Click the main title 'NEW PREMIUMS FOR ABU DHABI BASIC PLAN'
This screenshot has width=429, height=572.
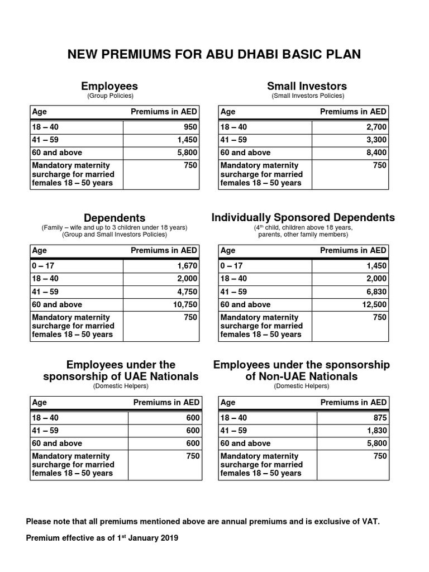point(214,54)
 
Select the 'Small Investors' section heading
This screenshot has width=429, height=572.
point(307,86)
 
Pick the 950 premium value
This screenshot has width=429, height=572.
point(190,127)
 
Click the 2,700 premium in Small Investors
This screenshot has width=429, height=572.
point(376,127)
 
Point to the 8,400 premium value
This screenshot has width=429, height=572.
point(376,152)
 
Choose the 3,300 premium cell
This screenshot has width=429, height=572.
point(376,140)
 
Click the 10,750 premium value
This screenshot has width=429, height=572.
point(184,304)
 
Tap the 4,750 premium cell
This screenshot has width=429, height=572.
point(187,292)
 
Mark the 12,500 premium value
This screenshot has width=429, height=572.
point(374,304)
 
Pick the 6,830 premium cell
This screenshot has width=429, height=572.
point(376,292)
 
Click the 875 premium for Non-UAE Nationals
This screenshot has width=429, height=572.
point(379,418)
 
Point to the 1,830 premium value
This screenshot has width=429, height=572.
point(376,431)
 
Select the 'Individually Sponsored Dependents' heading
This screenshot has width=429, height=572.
point(303,217)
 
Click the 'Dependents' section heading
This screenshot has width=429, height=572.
point(115,218)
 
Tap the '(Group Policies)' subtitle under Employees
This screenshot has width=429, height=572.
point(109,96)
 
